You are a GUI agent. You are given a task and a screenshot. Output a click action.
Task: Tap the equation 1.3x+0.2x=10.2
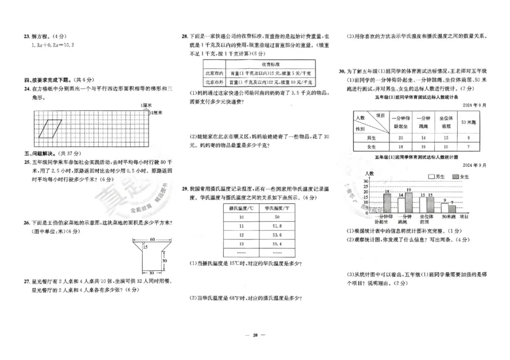coord(52,45)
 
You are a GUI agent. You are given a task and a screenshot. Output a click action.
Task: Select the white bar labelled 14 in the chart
coord(400,205)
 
